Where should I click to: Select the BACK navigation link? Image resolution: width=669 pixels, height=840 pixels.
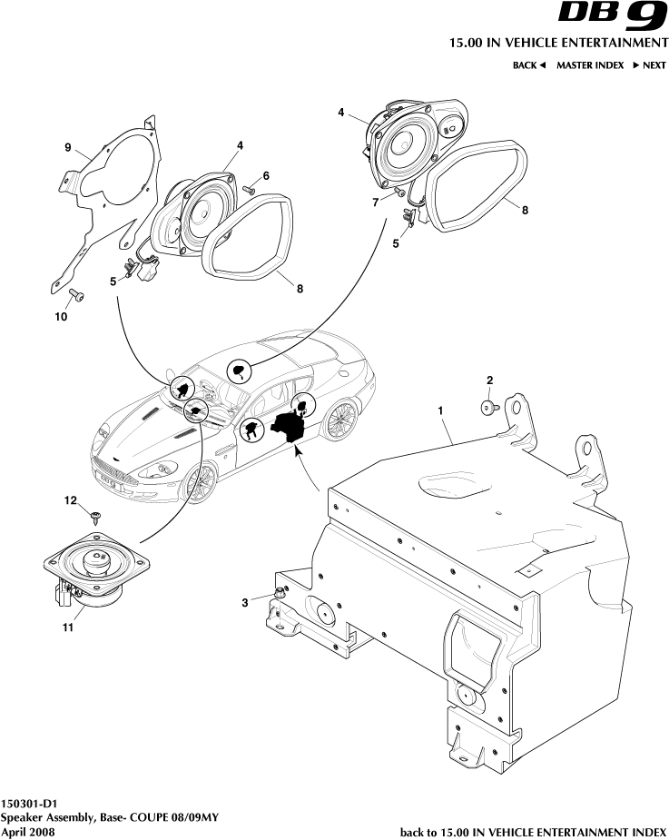click(x=528, y=65)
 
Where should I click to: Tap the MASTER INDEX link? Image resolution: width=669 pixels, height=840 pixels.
click(x=589, y=65)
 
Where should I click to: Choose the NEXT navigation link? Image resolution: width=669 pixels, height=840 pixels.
click(x=649, y=65)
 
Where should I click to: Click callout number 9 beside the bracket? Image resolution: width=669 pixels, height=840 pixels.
click(x=67, y=147)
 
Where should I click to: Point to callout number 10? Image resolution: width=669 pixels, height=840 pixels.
click(x=61, y=318)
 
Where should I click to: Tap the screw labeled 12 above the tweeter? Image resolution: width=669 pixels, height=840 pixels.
click(x=97, y=516)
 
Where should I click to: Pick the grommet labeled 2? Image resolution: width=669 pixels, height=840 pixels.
click(x=488, y=408)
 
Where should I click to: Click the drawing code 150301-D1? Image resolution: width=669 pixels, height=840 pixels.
click(x=30, y=804)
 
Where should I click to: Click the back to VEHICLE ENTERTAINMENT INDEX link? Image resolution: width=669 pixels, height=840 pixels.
click(x=533, y=831)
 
